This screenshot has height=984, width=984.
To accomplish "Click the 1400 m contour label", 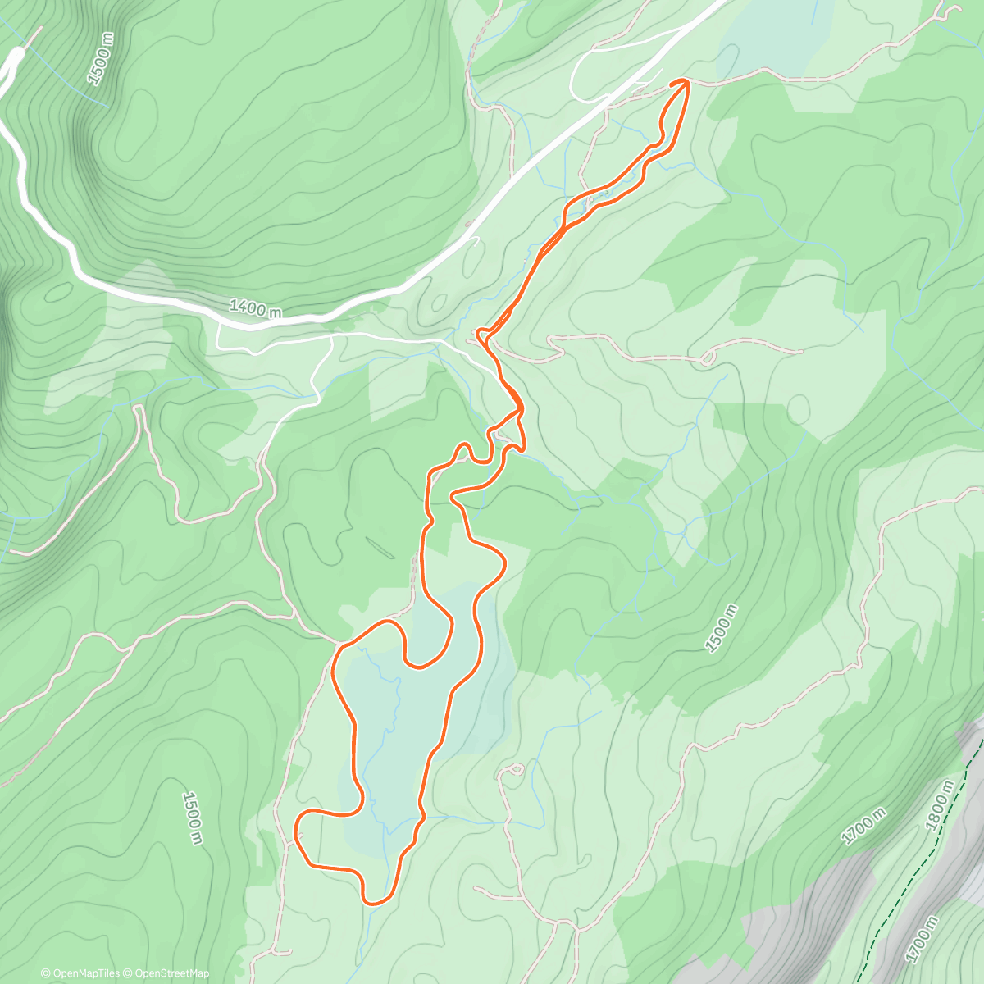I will click(x=255, y=308).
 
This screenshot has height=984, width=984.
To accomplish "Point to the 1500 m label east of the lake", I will click(x=721, y=629).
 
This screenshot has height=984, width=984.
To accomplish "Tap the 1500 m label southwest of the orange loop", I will click(x=192, y=818).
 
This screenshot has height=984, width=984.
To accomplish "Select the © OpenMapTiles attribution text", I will click(x=80, y=973).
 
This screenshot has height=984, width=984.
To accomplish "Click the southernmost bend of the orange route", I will click(x=374, y=902).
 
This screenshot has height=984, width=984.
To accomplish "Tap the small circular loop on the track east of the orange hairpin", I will click(x=708, y=358).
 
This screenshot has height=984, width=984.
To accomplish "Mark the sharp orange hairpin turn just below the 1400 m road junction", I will click(x=480, y=334).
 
